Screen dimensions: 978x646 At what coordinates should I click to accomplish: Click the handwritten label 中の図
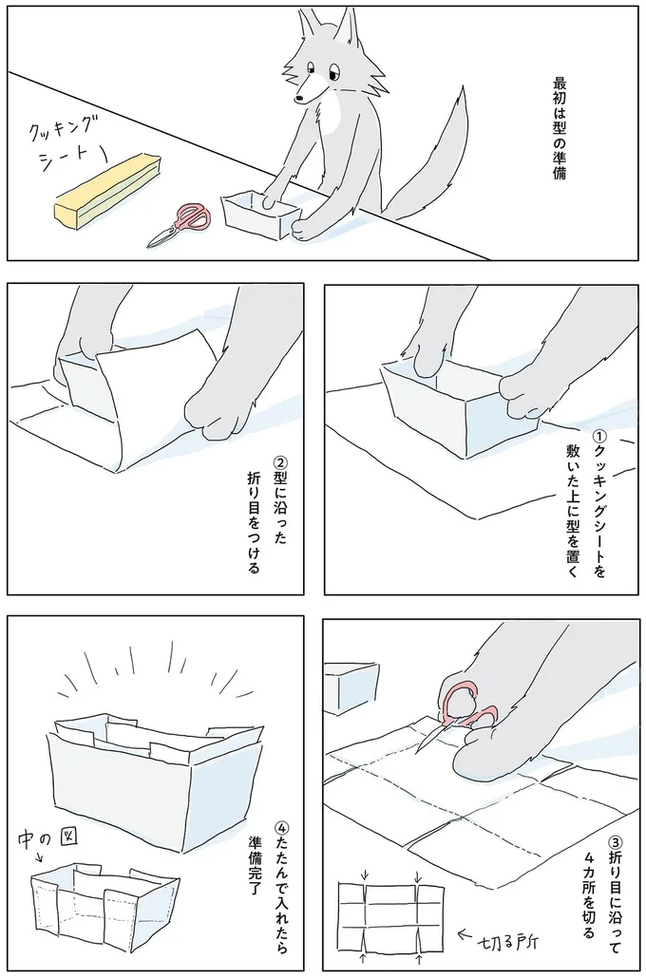click(x=39, y=838)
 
